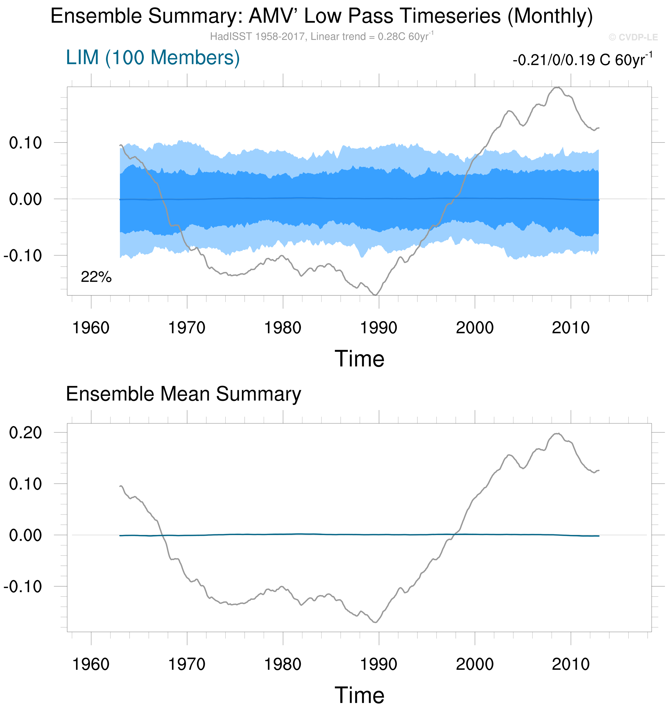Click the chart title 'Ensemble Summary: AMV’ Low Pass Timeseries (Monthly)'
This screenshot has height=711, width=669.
click(321, 16)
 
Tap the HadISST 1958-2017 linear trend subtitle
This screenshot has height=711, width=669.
click(321, 37)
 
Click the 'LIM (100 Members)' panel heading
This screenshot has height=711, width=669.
click(153, 58)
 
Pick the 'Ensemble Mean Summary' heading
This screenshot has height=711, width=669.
click(183, 394)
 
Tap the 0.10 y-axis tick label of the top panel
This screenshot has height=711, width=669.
click(25, 143)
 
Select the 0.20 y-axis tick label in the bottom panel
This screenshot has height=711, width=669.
click(25, 433)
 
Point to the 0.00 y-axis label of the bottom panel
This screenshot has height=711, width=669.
click(25, 535)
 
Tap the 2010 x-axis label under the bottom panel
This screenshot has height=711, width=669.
click(571, 665)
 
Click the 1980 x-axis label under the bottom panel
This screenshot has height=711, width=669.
click(283, 665)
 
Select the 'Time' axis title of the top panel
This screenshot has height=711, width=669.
click(359, 359)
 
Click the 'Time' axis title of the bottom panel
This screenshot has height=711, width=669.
click(359, 696)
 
